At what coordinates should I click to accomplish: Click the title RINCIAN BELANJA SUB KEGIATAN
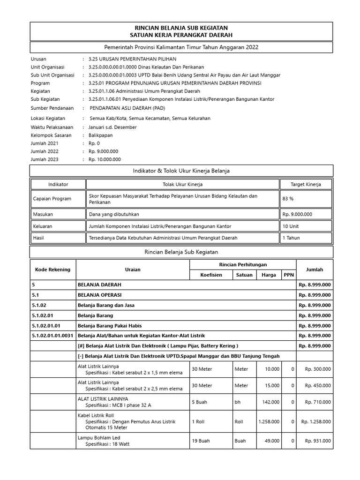pyautogui.click(x=181, y=28)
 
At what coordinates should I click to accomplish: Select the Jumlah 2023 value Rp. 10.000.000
pyautogui.click(x=103, y=159)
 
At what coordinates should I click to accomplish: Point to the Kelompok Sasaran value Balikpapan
pyautogui.click(x=101, y=135)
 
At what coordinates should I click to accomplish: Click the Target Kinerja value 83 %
pyautogui.click(x=288, y=198)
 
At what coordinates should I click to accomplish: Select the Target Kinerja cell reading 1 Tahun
pyautogui.click(x=291, y=238)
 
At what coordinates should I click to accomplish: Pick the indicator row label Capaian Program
pyautogui.click(x=52, y=198)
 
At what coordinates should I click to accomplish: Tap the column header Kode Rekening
pyautogui.click(x=52, y=270)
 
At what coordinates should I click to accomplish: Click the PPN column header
pyautogui.click(x=289, y=275)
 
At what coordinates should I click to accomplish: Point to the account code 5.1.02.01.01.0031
pyautogui.click(x=53, y=336)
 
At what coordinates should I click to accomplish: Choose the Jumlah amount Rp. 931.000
pyautogui.click(x=318, y=441)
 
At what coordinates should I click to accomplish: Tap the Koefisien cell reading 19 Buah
pyautogui.click(x=202, y=441)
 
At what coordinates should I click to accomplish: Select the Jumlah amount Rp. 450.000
pyautogui.click(x=318, y=385)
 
